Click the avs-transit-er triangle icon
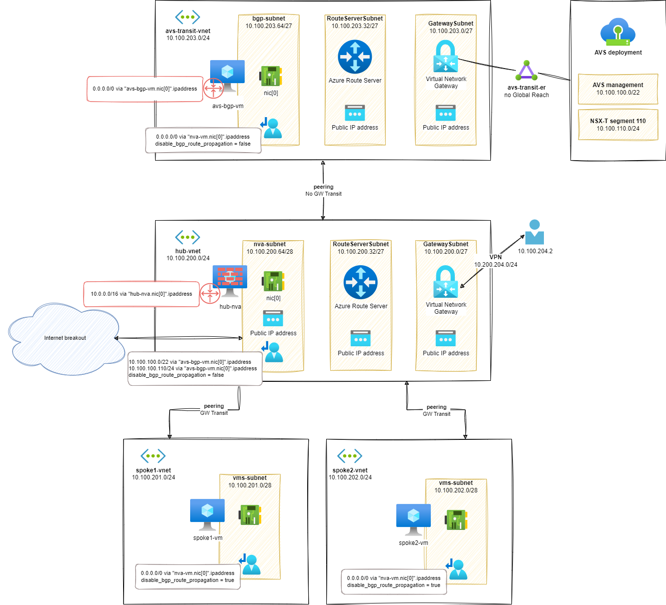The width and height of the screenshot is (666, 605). pyautogui.click(x=526, y=71)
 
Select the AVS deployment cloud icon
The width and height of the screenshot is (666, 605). pyautogui.click(x=617, y=32)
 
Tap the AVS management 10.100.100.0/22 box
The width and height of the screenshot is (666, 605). pyautogui.click(x=618, y=89)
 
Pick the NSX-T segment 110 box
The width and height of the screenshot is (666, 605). pyautogui.click(x=618, y=125)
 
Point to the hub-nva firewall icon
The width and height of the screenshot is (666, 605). pyautogui.click(x=230, y=281)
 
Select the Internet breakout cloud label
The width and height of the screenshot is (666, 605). pyautogui.click(x=65, y=338)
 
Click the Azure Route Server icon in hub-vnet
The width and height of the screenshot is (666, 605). pyautogui.click(x=361, y=282)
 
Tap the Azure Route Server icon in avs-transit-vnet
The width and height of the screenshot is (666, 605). pyautogui.click(x=355, y=57)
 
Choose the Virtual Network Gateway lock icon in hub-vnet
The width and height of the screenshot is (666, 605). pyautogui.click(x=445, y=281)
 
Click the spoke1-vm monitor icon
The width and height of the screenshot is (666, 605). pyautogui.click(x=208, y=514)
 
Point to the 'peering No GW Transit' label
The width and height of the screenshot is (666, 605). pyautogui.click(x=323, y=190)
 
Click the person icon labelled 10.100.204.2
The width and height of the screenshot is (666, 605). pyautogui.click(x=534, y=232)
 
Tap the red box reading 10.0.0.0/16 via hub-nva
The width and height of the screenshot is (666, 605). pyautogui.click(x=142, y=294)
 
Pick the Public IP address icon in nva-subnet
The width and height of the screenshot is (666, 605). pyautogui.click(x=273, y=318)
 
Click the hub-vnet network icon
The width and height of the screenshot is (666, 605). pyautogui.click(x=188, y=237)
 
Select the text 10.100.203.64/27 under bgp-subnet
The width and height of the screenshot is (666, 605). pyautogui.click(x=269, y=26)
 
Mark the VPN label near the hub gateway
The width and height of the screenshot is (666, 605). pyautogui.click(x=495, y=257)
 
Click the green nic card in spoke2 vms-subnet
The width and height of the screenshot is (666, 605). pyautogui.click(x=456, y=519)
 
